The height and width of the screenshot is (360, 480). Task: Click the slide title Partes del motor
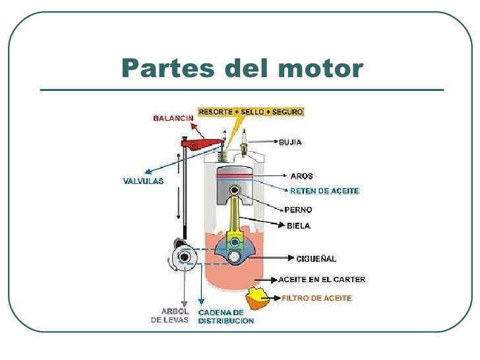pyautogui.click(x=242, y=68)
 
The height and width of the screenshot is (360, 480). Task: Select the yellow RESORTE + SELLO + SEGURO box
pyautogui.click(x=251, y=112)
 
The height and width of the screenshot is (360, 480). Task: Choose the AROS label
pyautogui.click(x=302, y=176)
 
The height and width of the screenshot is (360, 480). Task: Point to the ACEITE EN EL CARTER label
pyautogui.click(x=321, y=280)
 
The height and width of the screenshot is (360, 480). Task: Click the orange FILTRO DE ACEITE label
pyautogui.click(x=316, y=298)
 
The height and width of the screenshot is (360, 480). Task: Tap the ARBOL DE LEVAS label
pyautogui.click(x=175, y=316)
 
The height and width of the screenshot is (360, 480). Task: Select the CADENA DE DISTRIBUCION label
pyautogui.click(x=225, y=316)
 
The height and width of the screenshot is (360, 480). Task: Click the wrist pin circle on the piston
pyautogui.click(x=233, y=191)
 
